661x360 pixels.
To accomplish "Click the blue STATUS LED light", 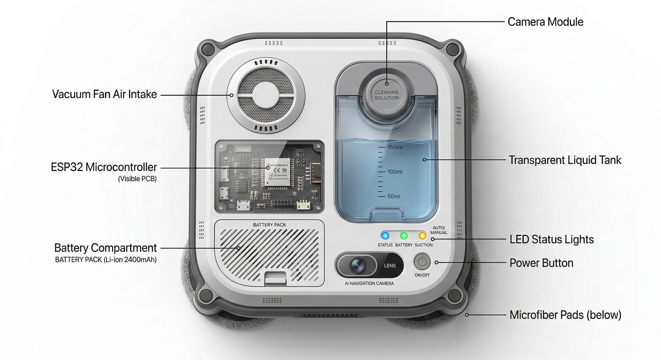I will [385, 236].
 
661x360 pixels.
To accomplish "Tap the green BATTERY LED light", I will [404, 236].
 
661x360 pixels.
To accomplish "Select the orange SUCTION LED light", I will [422, 236].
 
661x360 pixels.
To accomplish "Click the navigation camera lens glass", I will [357, 265].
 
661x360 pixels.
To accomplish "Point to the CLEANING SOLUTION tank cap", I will [387, 95].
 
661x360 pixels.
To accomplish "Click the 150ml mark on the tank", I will [394, 147].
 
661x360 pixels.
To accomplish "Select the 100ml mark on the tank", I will [394, 172].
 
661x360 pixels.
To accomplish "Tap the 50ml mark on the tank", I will [393, 197].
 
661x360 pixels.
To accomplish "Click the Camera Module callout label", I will [545, 22].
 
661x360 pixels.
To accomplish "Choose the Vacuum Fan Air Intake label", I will [105, 95].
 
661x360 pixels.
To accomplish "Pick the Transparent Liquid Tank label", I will [565, 160].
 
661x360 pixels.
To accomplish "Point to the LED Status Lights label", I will [552, 239].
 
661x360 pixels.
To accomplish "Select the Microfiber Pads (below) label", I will [565, 315].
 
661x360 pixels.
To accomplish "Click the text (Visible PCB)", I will [137, 179].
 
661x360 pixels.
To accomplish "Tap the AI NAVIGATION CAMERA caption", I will [369, 283].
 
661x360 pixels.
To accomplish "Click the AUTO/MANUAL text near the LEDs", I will [439, 230].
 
